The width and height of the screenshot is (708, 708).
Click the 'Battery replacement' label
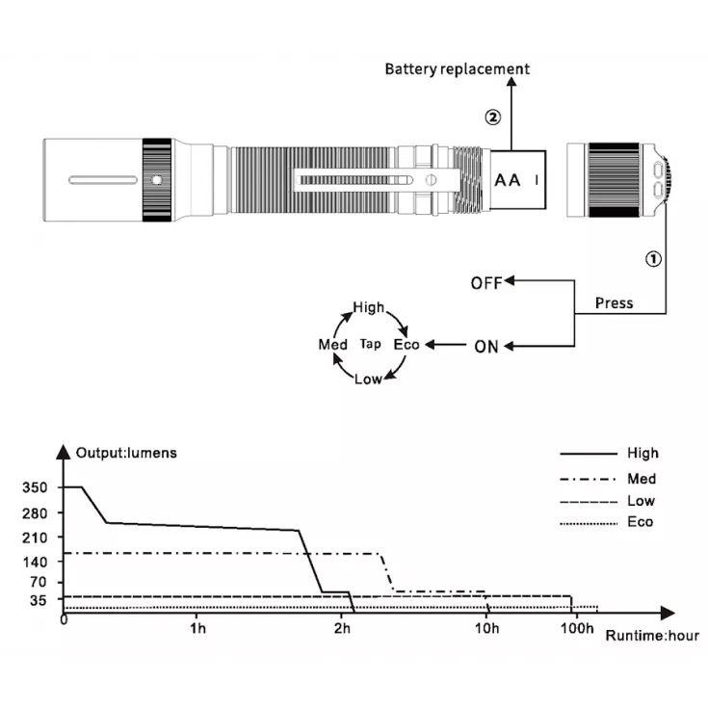[457, 68]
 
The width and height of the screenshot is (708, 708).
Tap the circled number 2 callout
[492, 117]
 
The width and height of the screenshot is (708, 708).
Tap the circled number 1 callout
[653, 258]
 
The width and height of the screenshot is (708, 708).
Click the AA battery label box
[518, 179]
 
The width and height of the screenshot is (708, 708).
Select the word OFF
[486, 283]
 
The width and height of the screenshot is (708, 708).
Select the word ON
[486, 347]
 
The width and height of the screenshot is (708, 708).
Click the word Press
[614, 303]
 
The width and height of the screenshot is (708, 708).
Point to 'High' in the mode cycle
[368, 308]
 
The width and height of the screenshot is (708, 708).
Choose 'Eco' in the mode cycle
[406, 344]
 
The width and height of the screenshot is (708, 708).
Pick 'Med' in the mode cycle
[333, 344]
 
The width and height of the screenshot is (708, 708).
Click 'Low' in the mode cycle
[368, 379]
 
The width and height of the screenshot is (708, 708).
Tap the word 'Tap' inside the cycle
[370, 344]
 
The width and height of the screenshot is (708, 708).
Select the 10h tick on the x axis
[487, 629]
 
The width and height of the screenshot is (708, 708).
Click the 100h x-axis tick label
[576, 629]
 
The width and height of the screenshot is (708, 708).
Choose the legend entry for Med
[641, 479]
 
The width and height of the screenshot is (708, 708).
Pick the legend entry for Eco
[640, 522]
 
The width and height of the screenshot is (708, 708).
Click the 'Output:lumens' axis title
[126, 453]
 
